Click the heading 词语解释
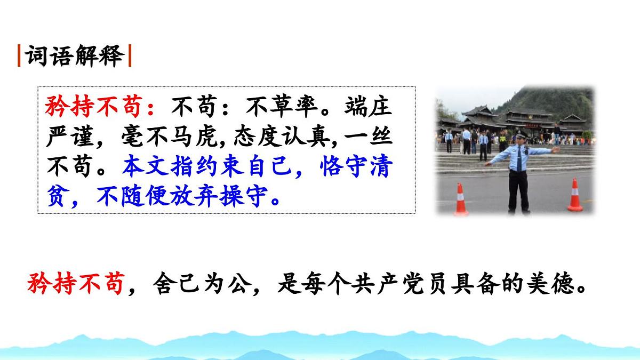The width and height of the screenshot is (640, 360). tap(75, 56)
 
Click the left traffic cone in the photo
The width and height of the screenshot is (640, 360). tap(461, 199)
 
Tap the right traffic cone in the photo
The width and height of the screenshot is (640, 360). tap(574, 195)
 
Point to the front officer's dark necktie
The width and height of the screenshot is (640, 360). tap(519, 160)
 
